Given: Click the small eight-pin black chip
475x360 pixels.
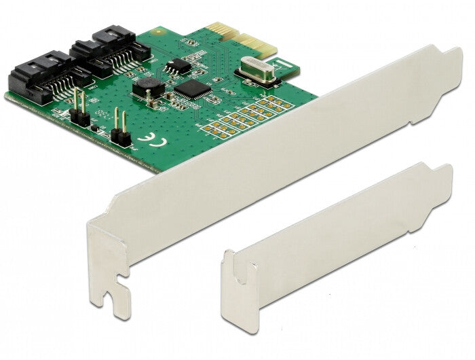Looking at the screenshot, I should tap(176, 66).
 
